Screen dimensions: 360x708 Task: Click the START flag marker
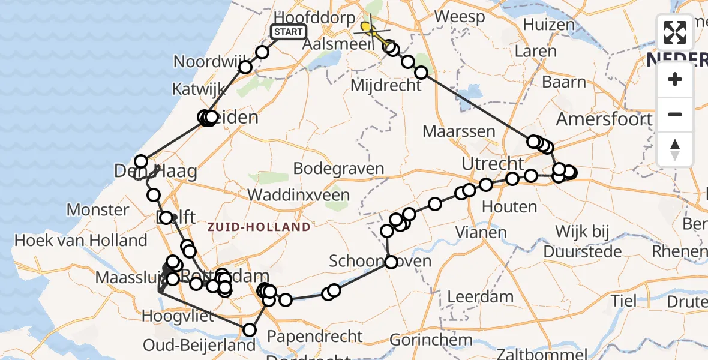coord(289,32)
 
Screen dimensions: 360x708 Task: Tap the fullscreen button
coord(675,32)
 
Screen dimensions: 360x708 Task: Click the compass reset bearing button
coord(675,149)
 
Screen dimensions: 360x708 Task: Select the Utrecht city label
coord(493,163)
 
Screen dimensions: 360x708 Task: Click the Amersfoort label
coord(604,119)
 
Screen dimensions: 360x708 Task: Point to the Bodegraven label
coord(340,169)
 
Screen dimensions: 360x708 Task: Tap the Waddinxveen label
coord(298,195)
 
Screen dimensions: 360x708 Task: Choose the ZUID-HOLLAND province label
coord(259,227)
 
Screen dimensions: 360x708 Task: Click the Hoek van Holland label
coord(81,241)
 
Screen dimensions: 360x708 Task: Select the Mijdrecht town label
coord(386,86)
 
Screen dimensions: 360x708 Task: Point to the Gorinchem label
coord(431,340)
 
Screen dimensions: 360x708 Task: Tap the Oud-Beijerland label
coord(199,346)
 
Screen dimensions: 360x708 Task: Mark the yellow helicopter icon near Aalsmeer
coord(367,27)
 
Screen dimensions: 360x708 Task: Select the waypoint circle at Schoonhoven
coord(391,262)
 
